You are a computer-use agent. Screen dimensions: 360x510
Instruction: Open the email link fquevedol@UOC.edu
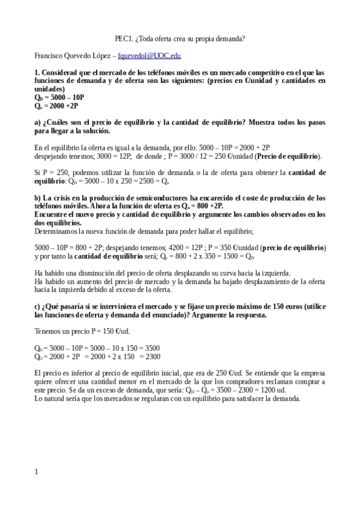point(149,55)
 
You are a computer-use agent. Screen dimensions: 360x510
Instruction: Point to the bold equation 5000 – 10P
point(59,97)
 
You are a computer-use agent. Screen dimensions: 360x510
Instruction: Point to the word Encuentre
point(52,214)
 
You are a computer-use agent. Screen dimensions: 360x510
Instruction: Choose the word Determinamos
point(58,230)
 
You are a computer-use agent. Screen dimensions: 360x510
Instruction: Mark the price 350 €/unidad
point(234,247)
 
